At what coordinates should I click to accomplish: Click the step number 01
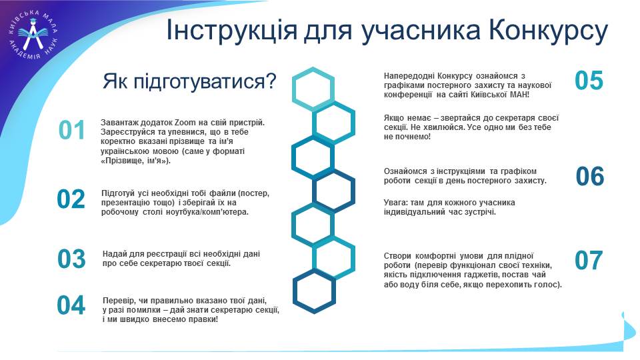(x=72, y=130)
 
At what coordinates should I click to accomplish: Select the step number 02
(x=71, y=199)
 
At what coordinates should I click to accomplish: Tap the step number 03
(x=71, y=259)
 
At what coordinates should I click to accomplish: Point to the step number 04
(x=71, y=305)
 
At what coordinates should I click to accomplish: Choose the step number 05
(x=589, y=80)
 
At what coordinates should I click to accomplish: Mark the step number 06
(x=590, y=176)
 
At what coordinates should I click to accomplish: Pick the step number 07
(x=589, y=260)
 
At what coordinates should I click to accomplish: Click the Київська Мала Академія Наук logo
(x=33, y=35)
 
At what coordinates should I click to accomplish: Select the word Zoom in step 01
(x=185, y=123)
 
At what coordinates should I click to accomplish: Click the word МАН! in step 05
(x=519, y=95)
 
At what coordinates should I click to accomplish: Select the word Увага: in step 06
(x=395, y=203)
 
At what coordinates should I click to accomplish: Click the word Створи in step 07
(x=397, y=256)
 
